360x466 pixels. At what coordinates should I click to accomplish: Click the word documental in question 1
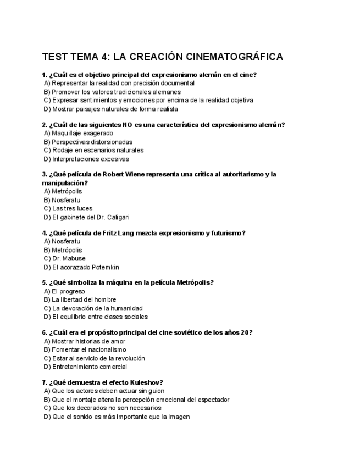coord(176,83)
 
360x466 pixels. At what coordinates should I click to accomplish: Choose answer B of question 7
coord(136,400)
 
